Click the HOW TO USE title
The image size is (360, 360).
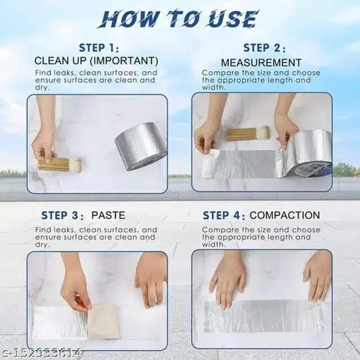pos(180,18)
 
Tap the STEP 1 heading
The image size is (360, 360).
pos(99,47)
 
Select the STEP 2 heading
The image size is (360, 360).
pos(264,47)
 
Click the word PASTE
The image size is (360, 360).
pos(109,215)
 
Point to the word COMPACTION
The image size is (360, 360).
pos(285,215)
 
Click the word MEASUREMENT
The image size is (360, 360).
pos(261,62)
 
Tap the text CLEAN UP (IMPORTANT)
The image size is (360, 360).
pos(96,60)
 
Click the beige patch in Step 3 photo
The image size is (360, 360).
pos(104,321)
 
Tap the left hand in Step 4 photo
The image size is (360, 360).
pos(227,279)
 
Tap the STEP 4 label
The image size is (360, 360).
pos(224,215)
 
